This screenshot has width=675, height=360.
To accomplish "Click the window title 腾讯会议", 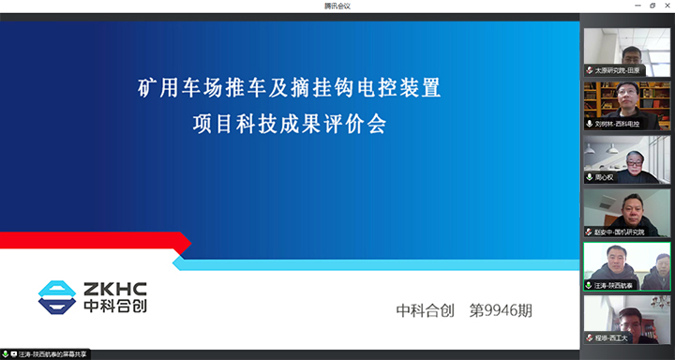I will click(x=337, y=7).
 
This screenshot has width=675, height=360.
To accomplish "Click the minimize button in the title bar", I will click(x=629, y=7).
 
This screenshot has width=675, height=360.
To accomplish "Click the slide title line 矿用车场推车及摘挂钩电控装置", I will click(x=289, y=91).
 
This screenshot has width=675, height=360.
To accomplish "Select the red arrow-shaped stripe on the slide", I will click(x=94, y=242).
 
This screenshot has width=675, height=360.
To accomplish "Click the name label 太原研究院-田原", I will click(x=622, y=69).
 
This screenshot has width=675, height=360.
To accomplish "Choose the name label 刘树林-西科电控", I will click(x=621, y=123).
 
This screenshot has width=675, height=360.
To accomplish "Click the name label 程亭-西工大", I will click(x=611, y=337).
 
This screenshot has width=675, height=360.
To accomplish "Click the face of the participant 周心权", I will click(x=634, y=161).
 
